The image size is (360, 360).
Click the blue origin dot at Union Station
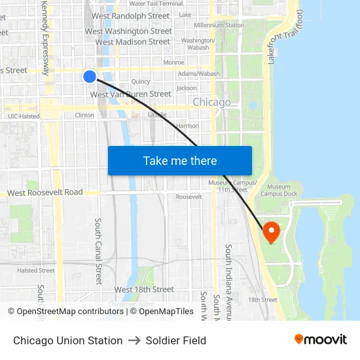click(x=90, y=77)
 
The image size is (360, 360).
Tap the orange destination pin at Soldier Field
click(x=270, y=231)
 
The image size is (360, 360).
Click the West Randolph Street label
click(x=130, y=16)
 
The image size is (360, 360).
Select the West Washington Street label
click(x=128, y=31)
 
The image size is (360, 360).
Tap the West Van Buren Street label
click(x=130, y=94)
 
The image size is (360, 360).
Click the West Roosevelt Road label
click(x=45, y=192)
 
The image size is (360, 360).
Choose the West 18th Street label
click(x=144, y=289)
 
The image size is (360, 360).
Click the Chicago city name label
click(x=211, y=102)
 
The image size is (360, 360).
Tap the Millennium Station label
click(x=209, y=25)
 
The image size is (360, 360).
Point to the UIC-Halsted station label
click(x=24, y=116)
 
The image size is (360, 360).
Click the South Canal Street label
click(x=99, y=251)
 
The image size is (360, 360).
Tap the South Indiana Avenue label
click(x=228, y=281)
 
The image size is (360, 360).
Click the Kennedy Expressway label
click(x=45, y=37)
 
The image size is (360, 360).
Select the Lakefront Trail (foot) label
click(x=283, y=37)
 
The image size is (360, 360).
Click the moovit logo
click(x=320, y=340)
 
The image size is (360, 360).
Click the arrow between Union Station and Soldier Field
click(x=134, y=340)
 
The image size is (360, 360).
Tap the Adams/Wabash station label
click(x=199, y=74)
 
